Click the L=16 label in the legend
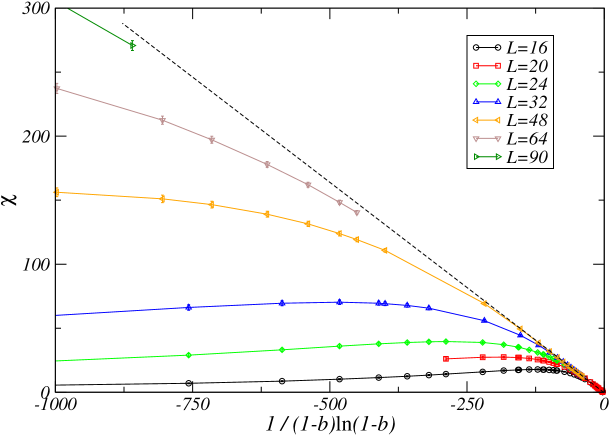pyautogui.click(x=526, y=47)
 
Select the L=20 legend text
pyautogui.click(x=526, y=66)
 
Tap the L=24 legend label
pyautogui.click(x=526, y=84)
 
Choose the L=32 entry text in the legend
pyautogui.click(x=526, y=102)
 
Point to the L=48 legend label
pyautogui.click(x=526, y=120)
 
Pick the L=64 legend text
pyautogui.click(x=526, y=138)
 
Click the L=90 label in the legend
pyautogui.click(x=526, y=157)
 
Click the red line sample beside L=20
pyautogui.click(x=486, y=66)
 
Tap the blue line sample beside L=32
pyautogui.click(x=486, y=102)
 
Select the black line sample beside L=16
pyautogui.click(x=486, y=47)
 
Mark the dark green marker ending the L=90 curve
pyautogui.click(x=132, y=45)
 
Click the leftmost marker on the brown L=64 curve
pyautogui.click(x=57, y=88)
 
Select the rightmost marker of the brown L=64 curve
pyautogui.click(x=357, y=213)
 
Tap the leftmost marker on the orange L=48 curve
pyautogui.click(x=57, y=192)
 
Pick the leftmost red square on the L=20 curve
pyautogui.click(x=446, y=358)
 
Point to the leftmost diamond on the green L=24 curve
pyautogui.click(x=188, y=355)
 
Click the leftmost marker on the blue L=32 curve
pyautogui.click(x=188, y=307)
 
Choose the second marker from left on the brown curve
pyautogui.click(x=163, y=120)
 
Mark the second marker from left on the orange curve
pyautogui.click(x=163, y=199)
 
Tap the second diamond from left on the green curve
pyautogui.click(x=283, y=350)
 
